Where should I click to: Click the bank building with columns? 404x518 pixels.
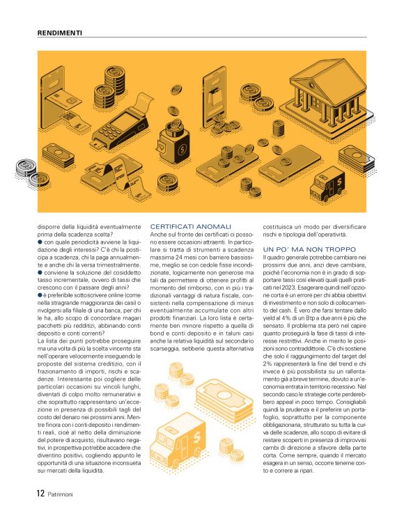[x=311, y=84]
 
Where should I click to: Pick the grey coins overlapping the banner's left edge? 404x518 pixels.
[x=26, y=168]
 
